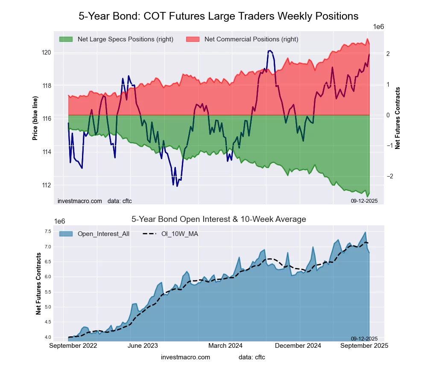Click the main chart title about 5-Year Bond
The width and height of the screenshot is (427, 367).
(x=218, y=16)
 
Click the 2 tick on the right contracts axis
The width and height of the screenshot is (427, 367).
(x=388, y=54)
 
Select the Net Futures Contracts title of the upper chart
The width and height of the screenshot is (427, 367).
(x=398, y=118)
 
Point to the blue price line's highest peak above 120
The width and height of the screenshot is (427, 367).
(x=269, y=51)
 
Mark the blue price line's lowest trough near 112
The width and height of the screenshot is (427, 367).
(x=177, y=186)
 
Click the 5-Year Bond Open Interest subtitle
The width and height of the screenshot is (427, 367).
(x=218, y=219)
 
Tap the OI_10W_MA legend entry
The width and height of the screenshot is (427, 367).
(x=179, y=234)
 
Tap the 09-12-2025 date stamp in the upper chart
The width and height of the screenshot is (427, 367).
(x=361, y=200)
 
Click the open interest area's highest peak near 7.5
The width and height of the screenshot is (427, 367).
(x=365, y=232)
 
